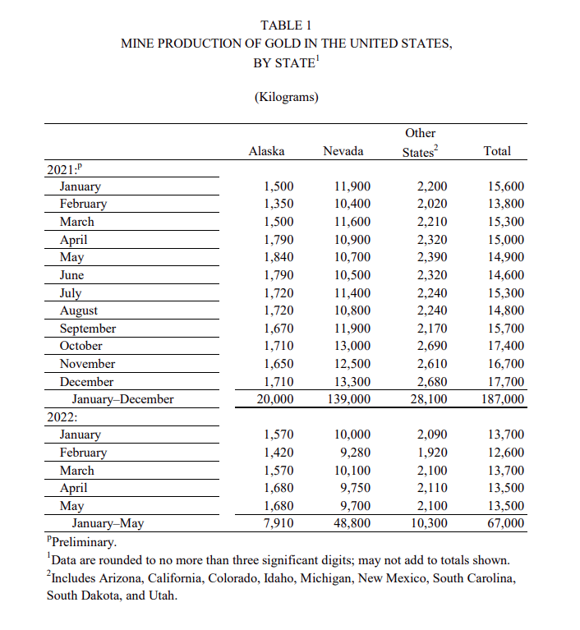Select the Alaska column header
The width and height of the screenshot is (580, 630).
coord(266,151)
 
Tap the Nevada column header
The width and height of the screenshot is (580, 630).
coord(343,151)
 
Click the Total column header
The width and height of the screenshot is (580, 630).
coord(497,151)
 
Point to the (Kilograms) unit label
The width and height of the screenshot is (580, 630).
coord(287,97)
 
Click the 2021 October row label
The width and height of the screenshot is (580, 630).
coord(81,346)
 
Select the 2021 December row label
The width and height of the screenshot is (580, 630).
coord(86,382)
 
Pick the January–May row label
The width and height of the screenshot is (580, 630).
coord(108,522)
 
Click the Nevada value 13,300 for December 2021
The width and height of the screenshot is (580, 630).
coord(353,382)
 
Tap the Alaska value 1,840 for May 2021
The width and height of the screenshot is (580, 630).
coord(278,257)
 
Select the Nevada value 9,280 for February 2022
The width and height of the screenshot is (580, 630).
coord(355,453)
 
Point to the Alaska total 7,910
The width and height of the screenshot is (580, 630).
coord(278,522)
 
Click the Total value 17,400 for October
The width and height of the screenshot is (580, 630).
coord(505,346)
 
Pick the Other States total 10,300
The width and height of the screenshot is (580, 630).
coord(431,522)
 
